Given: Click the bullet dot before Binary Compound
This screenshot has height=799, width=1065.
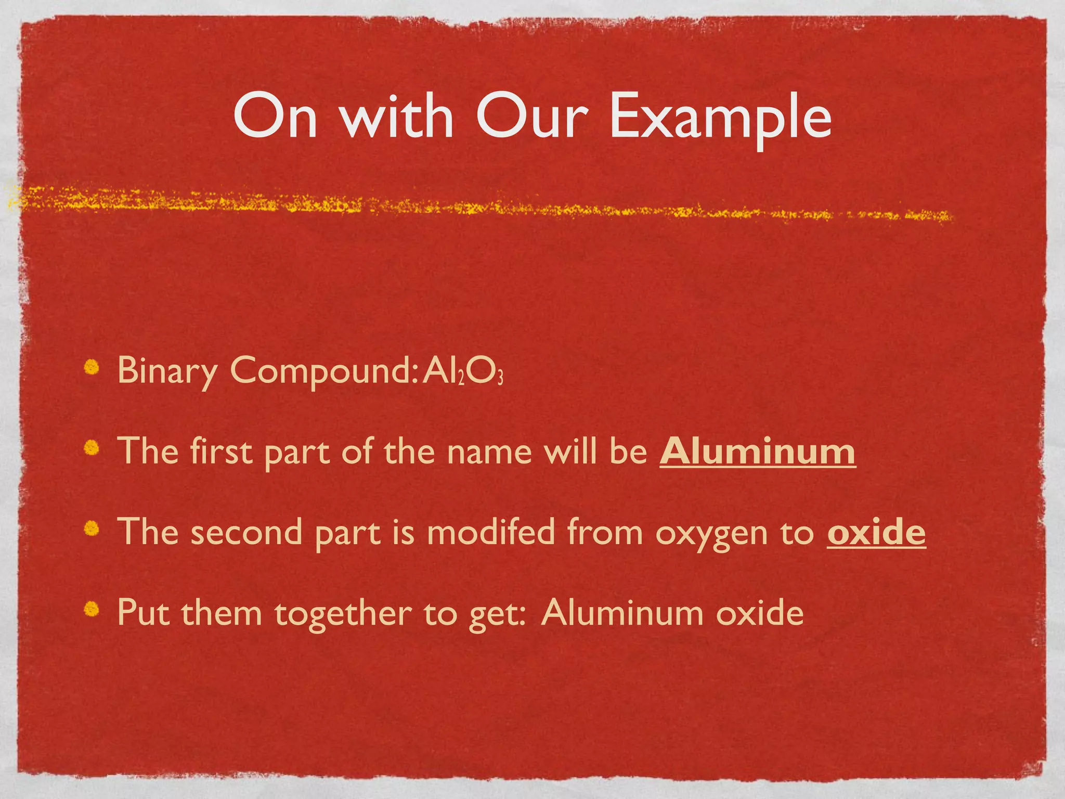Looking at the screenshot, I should (92, 368).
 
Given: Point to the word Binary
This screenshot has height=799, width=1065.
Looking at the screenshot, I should (167, 370).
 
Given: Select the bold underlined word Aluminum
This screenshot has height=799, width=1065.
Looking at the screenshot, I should (757, 451).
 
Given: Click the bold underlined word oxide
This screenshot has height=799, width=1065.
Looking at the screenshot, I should (876, 532).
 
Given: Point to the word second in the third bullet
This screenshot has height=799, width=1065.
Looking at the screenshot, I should (246, 532).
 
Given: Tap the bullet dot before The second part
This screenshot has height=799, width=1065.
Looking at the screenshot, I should (92, 528).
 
